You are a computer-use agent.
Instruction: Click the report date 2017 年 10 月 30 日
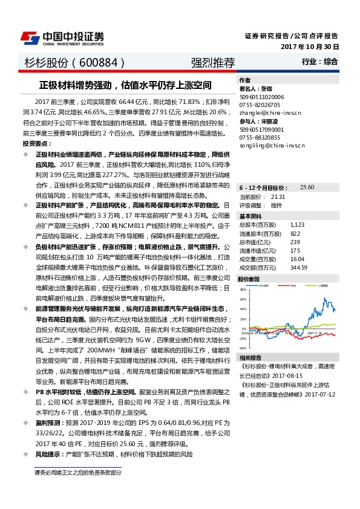[x=310, y=47]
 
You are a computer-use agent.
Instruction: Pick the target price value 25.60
[x=307, y=188]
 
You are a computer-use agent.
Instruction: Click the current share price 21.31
[x=278, y=197]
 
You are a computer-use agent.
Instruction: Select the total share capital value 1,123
[x=297, y=225]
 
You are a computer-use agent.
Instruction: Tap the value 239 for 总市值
[x=295, y=242]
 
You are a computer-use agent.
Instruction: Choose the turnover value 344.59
[x=299, y=267]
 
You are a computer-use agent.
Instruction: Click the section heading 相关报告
[x=249, y=357]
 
